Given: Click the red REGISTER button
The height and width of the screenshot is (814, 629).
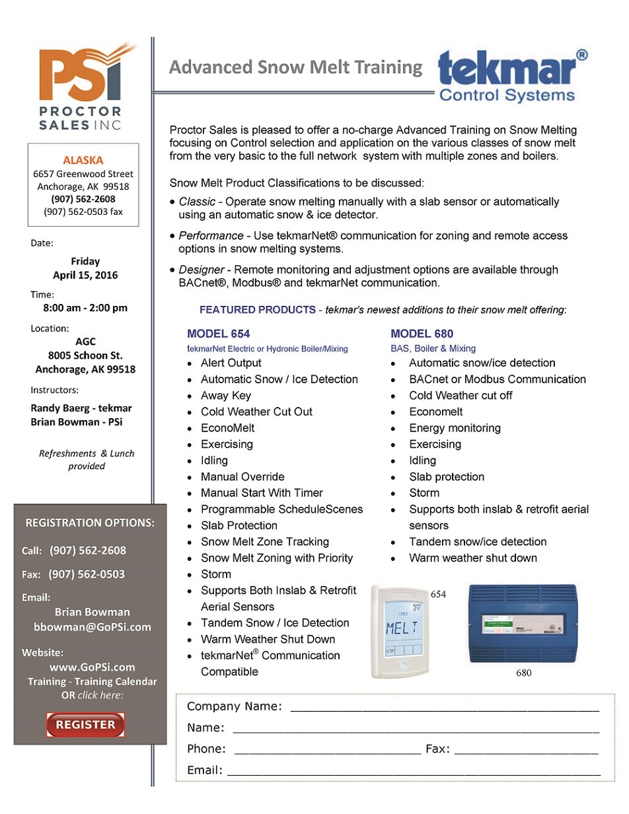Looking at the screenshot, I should point(85,724).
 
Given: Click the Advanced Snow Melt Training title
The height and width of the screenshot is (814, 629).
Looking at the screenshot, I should point(295,67).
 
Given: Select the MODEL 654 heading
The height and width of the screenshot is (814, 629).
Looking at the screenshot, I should point(218,334).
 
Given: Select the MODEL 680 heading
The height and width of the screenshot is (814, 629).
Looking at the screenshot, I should point(422,334).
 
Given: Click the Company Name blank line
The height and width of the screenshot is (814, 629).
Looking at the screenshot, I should point(444,707).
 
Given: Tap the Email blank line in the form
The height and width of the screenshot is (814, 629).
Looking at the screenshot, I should point(414,770).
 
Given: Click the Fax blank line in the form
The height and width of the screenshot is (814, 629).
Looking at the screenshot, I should point(526,750).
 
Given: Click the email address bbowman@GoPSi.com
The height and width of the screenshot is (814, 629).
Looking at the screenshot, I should point(92,627).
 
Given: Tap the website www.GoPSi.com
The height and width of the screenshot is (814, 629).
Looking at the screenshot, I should point(92,667).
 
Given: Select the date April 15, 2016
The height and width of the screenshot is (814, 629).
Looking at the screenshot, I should point(85,275).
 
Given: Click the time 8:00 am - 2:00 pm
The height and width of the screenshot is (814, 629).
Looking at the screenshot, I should point(85,307).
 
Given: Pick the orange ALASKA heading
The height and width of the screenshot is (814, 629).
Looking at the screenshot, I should point(83,160).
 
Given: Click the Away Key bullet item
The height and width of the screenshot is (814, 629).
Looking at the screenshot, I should point(226,395).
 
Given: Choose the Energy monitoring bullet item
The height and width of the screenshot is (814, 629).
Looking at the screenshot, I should point(455,427).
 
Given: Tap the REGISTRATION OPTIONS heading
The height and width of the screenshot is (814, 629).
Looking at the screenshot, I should point(90,523).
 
